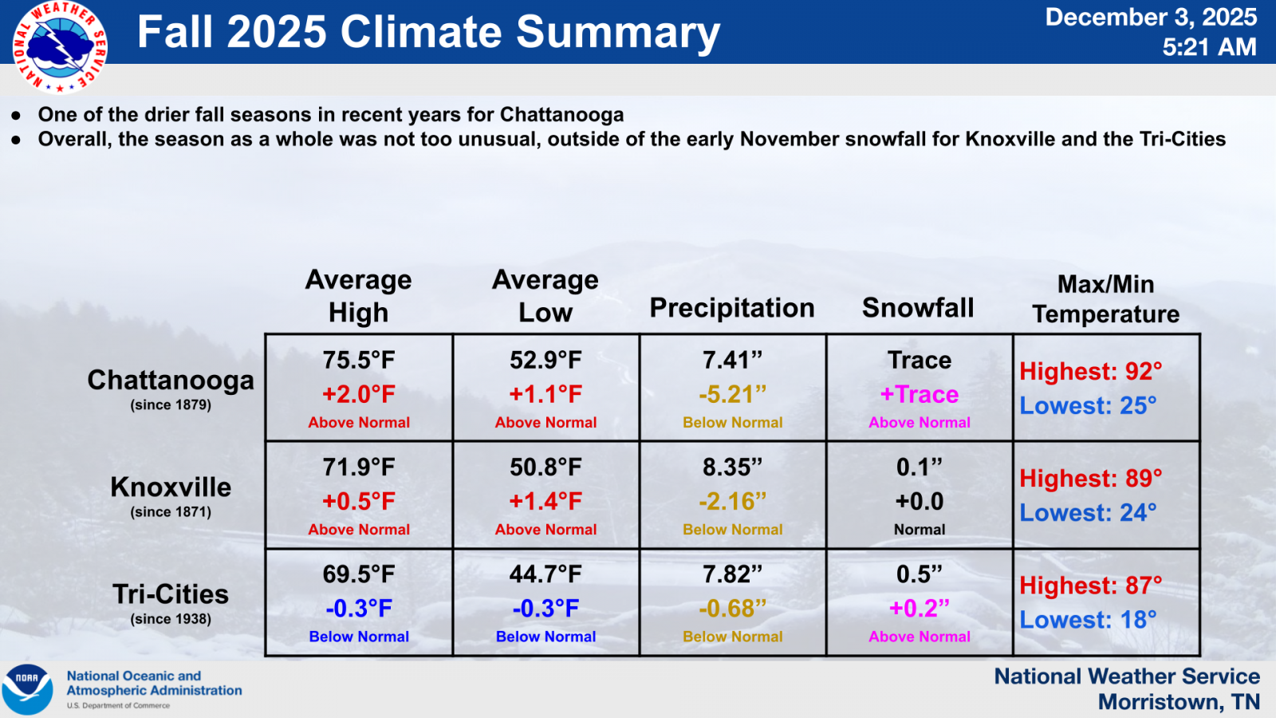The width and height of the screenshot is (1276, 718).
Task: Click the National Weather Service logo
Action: tap(60, 47)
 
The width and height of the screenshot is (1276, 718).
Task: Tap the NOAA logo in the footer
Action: tap(27, 689)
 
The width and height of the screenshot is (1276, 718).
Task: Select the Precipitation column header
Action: tap(732, 308)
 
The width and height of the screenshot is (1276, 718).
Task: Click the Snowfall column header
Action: tap(918, 308)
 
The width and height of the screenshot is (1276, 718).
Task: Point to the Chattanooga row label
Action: tap(171, 380)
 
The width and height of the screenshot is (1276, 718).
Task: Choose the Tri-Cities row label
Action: tap(171, 594)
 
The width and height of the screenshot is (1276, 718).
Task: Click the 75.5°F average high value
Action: tap(358, 360)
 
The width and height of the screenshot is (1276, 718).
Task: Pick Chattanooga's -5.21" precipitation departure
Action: tap(732, 394)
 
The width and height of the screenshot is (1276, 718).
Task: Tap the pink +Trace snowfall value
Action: tap(920, 394)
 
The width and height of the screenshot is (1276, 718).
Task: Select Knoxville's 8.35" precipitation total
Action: tap(732, 467)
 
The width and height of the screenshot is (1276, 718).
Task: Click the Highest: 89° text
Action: tap(1090, 478)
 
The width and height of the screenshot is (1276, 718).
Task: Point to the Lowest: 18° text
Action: tap(1088, 619)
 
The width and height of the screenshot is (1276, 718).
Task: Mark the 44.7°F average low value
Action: tap(545, 574)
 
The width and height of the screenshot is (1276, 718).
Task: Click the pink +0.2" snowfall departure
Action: tap(920, 608)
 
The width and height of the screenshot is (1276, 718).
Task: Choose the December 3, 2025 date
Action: tap(1151, 17)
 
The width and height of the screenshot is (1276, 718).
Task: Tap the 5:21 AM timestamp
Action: tap(1209, 47)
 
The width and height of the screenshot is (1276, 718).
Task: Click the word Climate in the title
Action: tap(421, 31)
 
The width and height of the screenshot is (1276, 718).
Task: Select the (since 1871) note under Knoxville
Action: tap(171, 511)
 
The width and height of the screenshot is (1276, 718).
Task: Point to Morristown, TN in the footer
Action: tap(1179, 702)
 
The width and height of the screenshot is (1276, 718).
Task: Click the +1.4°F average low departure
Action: tap(545, 502)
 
